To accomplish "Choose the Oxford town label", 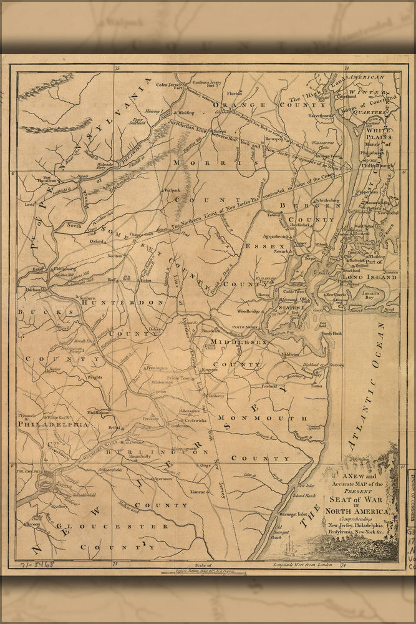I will [95, 240].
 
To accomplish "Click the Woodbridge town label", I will [248, 311].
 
